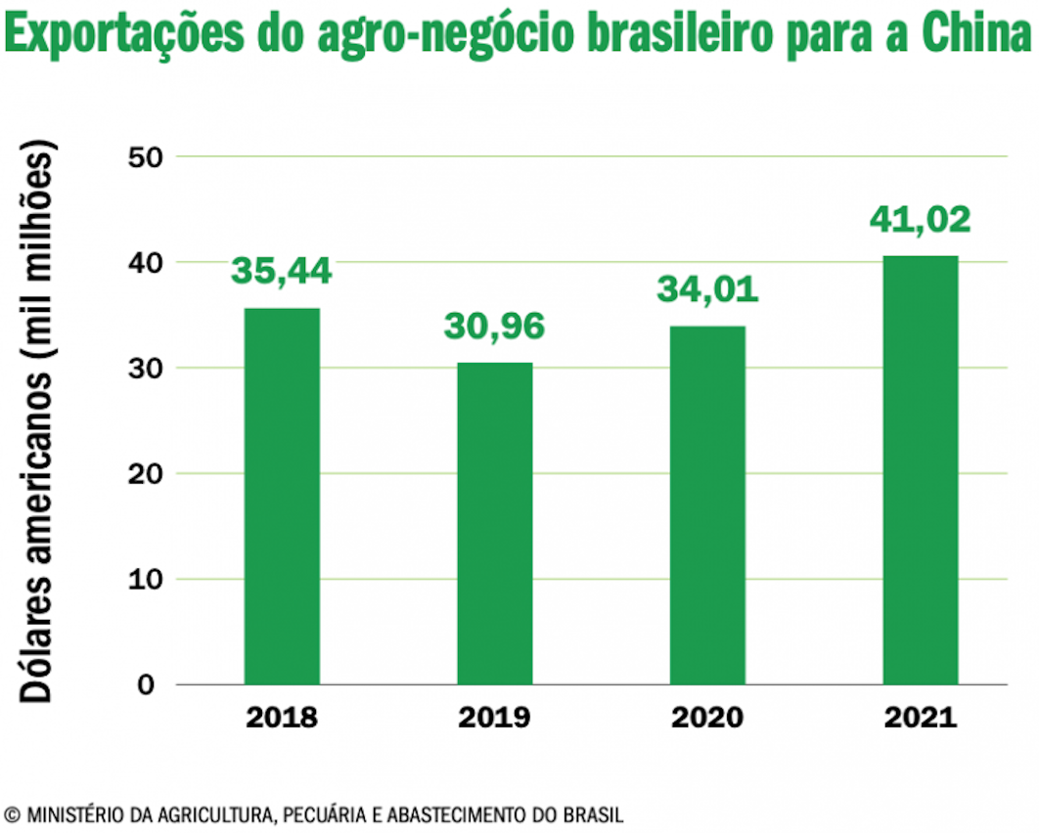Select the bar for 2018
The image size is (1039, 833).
pyautogui.click(x=283, y=496)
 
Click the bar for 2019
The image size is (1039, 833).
pyautogui.click(x=495, y=523)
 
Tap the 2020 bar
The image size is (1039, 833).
pyautogui.click(x=707, y=505)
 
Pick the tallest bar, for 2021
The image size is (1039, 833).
pyautogui.click(x=921, y=470)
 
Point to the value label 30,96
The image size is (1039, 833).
pyautogui.click(x=494, y=326)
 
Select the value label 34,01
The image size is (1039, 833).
pyautogui.click(x=707, y=289)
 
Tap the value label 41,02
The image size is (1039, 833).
pyautogui.click(x=921, y=220)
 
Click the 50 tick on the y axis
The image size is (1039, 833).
pyautogui.click(x=146, y=157)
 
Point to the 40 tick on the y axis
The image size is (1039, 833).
pyautogui.click(x=146, y=263)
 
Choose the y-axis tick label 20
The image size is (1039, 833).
pyautogui.click(x=146, y=474)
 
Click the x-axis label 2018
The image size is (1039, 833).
pyautogui.click(x=282, y=718)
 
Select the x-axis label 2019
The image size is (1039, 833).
pyautogui.click(x=494, y=718)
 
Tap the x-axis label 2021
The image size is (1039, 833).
pyautogui.click(x=921, y=718)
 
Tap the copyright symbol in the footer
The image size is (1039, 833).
pyautogui.click(x=12, y=814)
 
